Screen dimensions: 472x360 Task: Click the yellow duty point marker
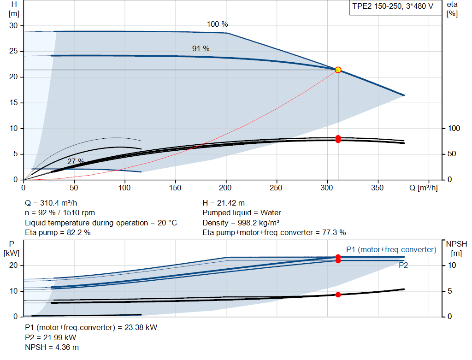tap(338, 70)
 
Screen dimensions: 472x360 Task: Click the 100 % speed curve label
tap(218, 24)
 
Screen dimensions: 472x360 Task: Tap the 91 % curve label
tap(201, 48)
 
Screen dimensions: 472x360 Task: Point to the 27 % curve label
tap(76, 161)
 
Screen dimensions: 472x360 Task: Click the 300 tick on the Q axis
tap(327, 188)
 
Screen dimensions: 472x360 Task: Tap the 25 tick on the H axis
tap(13, 51)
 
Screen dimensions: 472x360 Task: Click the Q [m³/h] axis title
tap(424, 188)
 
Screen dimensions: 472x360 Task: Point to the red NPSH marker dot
tap(338, 295)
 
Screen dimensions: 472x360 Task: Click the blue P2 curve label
tap(403, 265)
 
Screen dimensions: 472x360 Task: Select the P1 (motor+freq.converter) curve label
tap(391, 249)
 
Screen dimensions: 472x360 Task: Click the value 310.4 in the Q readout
tap(50, 203)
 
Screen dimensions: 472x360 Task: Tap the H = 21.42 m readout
tap(224, 203)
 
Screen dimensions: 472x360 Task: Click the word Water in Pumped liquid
tap(271, 213)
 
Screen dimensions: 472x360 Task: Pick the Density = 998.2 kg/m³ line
tap(241, 223)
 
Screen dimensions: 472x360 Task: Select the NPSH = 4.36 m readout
tap(52, 348)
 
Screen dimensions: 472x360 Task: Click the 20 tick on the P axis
tap(13, 266)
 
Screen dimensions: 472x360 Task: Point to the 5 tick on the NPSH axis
tap(450, 291)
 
